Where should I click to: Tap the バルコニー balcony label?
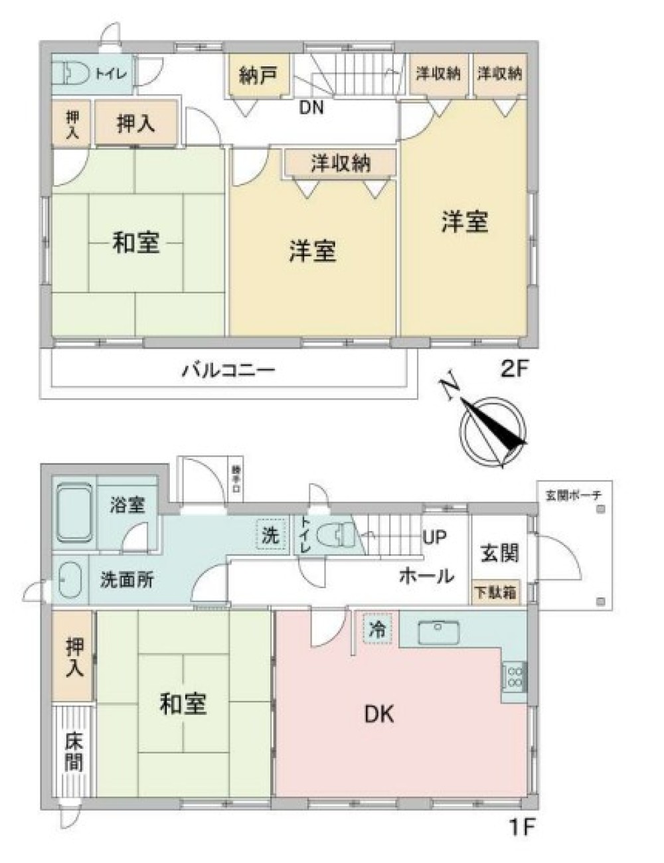pos(228,370)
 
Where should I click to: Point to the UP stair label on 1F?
pos(435,536)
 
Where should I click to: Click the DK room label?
pos(379,714)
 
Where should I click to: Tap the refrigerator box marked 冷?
pos(377,629)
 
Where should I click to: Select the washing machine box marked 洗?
pos(270,535)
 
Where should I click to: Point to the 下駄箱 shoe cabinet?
pos(495,592)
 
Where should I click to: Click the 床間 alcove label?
pos(74,751)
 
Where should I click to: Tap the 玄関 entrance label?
pos(499,552)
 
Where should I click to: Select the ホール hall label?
pos(426,575)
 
